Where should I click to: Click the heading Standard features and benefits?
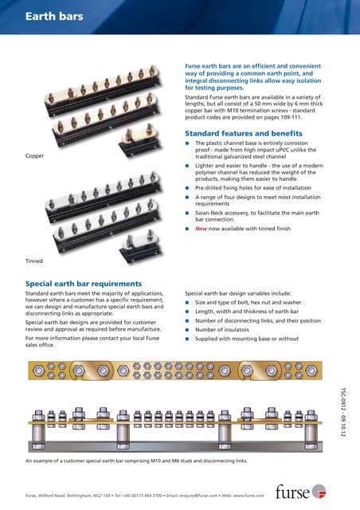(x=243, y=132)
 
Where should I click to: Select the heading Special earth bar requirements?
(x=84, y=283)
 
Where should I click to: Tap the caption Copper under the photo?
(x=35, y=155)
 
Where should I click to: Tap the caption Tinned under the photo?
(x=35, y=261)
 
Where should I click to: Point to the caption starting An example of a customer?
(x=136, y=461)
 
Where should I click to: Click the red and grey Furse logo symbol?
(x=320, y=491)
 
